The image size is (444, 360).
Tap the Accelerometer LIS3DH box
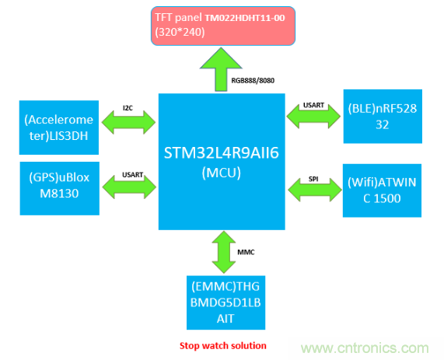[58, 122]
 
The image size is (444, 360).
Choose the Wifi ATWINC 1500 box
[383, 189]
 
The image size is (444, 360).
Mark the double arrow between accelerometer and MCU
[130, 123]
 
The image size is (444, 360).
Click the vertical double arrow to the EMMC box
[222, 252]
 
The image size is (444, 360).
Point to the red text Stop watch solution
[222, 345]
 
